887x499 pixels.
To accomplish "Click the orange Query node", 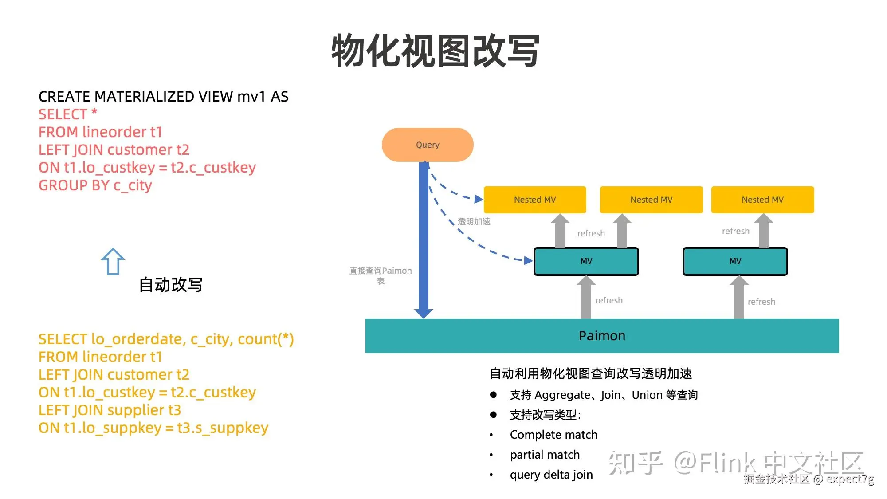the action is click(428, 145).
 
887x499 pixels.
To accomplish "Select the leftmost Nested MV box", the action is click(535, 200).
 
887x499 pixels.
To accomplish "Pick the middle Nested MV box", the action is click(651, 200).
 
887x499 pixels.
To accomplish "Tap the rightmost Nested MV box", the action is click(763, 200).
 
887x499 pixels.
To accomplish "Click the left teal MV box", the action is click(586, 261).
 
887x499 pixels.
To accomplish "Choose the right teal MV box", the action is click(735, 261).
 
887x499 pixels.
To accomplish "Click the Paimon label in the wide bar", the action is click(602, 336).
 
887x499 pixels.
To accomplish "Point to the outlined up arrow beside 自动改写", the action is click(113, 261).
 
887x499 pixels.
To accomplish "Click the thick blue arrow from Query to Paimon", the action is click(424, 240).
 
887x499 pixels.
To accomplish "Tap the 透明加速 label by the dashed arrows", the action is click(474, 221).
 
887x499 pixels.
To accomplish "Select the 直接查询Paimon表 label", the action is click(381, 275).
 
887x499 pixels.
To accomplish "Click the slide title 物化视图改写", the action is click(436, 51).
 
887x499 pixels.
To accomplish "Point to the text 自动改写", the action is click(171, 285).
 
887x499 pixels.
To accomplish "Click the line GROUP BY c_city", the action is click(95, 185).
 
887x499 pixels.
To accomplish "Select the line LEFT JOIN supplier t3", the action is click(110, 410).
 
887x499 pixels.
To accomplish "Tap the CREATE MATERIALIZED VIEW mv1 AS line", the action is click(164, 97).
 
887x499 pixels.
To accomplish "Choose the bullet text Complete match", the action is click(553, 435).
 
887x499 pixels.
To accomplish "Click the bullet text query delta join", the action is click(551, 475).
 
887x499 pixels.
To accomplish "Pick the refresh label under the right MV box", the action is click(761, 302).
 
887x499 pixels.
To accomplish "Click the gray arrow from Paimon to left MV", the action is click(586, 297).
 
